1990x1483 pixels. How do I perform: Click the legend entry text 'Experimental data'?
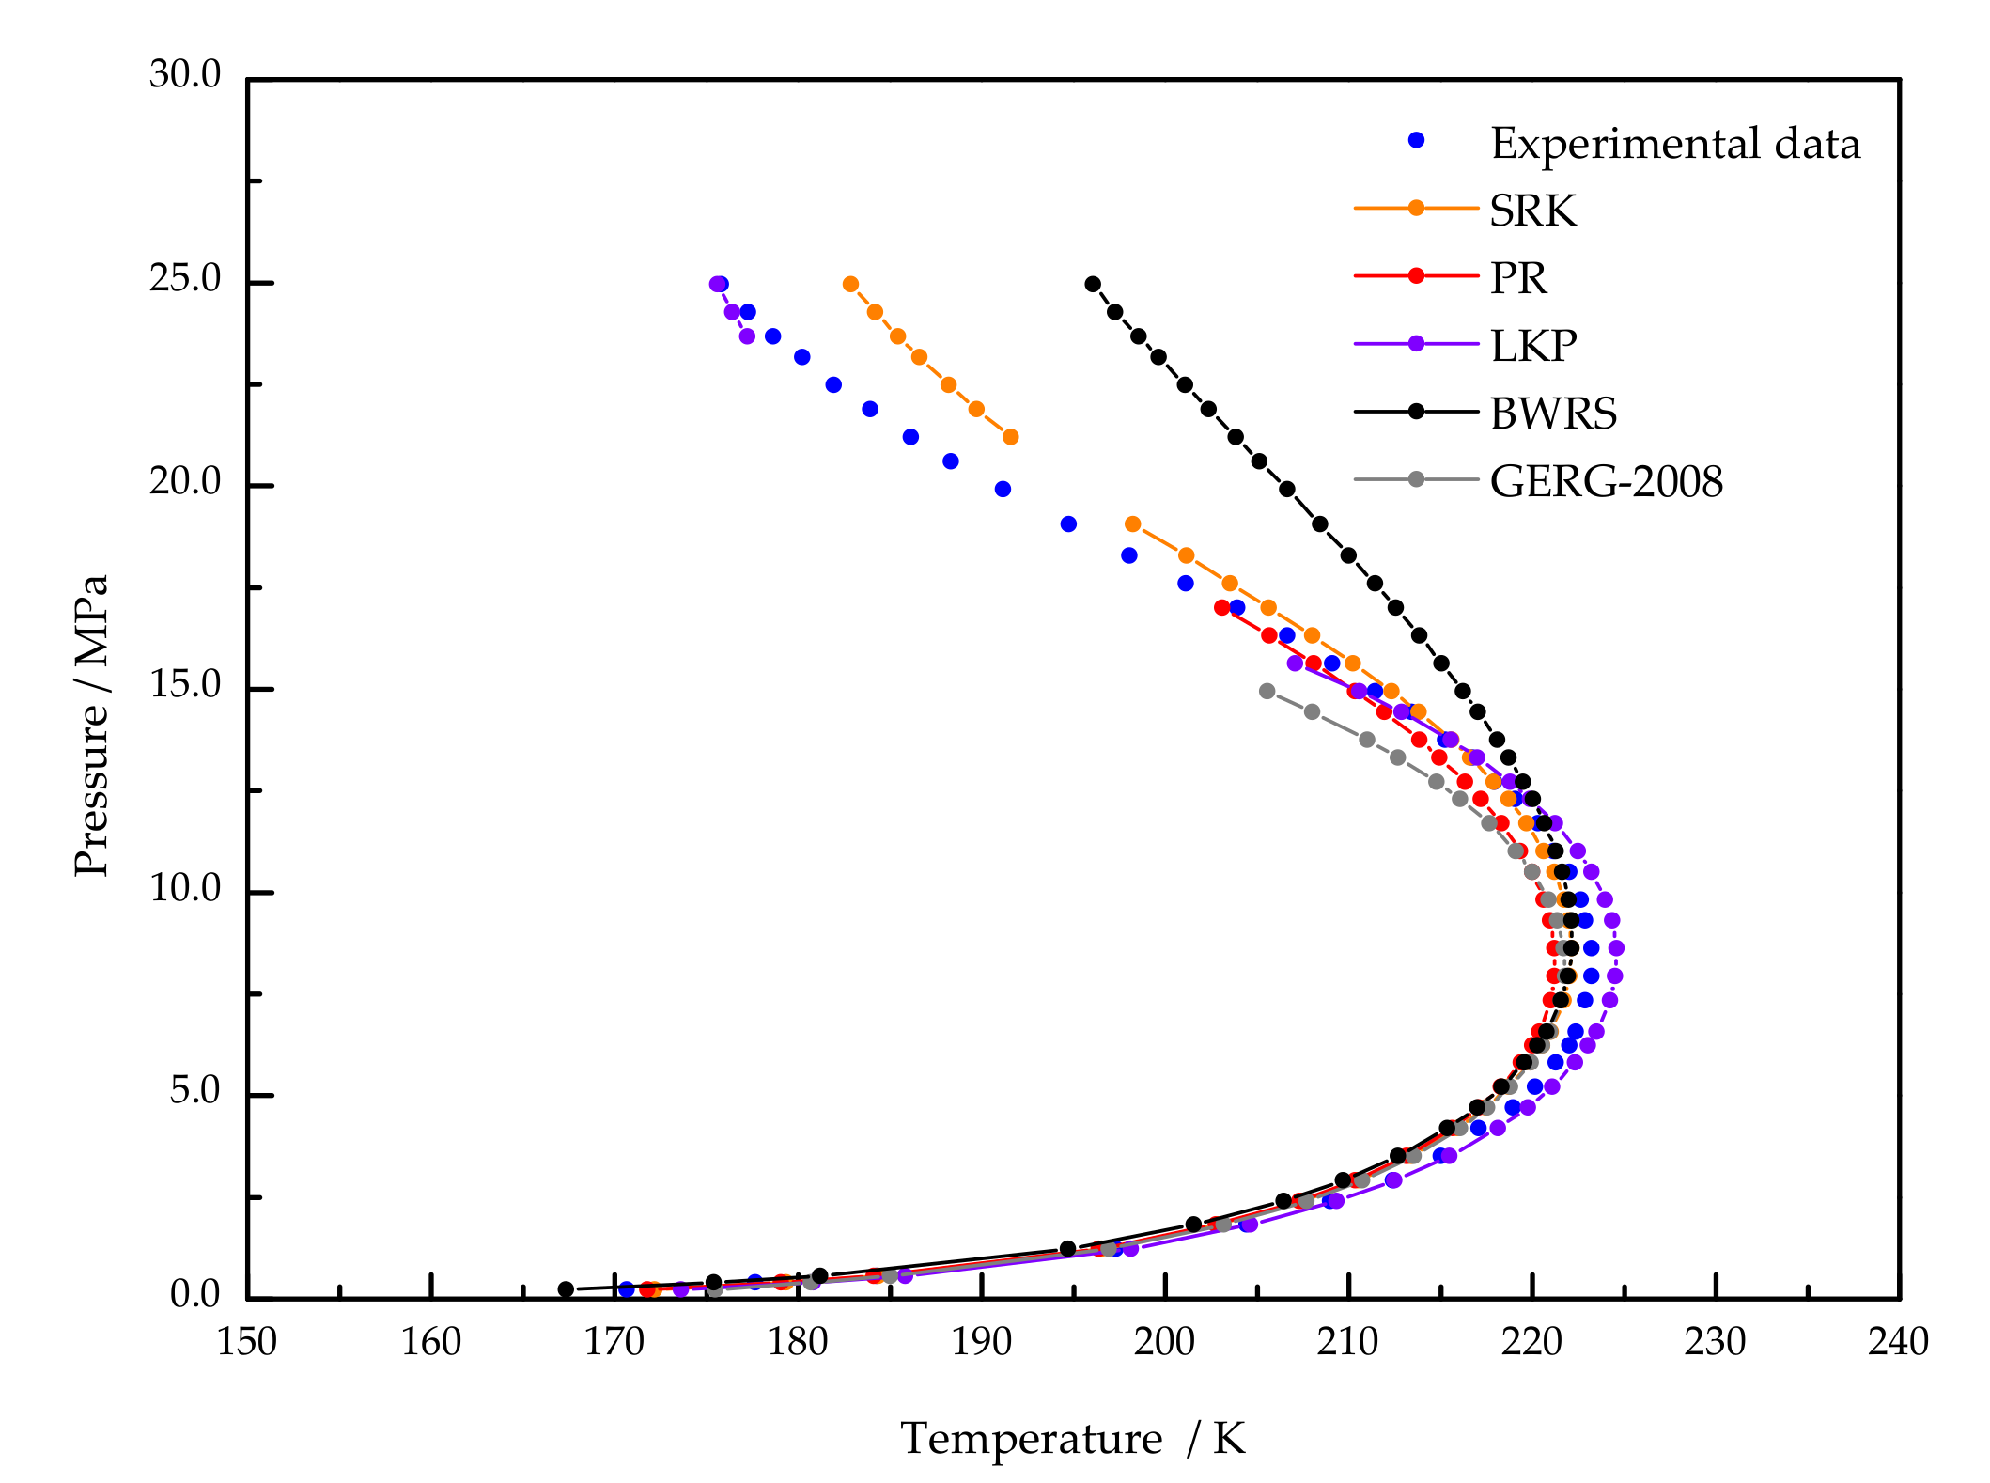tap(1674, 144)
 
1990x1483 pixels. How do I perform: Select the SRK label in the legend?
tap(1532, 211)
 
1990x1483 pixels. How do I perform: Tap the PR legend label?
tap(1517, 278)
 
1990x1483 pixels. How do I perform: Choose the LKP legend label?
tap(1532, 346)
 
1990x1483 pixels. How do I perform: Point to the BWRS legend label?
tap(1553, 414)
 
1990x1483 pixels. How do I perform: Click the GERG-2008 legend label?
tap(1606, 482)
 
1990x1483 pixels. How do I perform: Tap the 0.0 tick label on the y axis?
tap(194, 1294)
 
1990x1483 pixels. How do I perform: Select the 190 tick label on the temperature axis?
tap(981, 1342)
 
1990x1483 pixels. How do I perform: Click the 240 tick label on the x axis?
tap(1898, 1342)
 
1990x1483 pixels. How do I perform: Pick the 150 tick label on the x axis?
tap(247, 1342)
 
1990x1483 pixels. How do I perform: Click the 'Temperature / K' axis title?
tap(1072, 1439)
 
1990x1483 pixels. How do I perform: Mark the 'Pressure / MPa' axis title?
tap(91, 725)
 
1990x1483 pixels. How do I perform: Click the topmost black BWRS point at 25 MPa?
tap(1093, 284)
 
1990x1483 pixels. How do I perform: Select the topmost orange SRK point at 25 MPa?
tap(850, 284)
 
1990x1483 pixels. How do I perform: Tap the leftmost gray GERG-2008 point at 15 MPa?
tap(1267, 691)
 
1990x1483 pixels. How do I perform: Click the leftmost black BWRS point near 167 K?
tap(566, 1289)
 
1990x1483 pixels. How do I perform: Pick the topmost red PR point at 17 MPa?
tap(1221, 607)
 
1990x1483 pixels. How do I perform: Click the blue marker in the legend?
tap(1416, 141)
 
